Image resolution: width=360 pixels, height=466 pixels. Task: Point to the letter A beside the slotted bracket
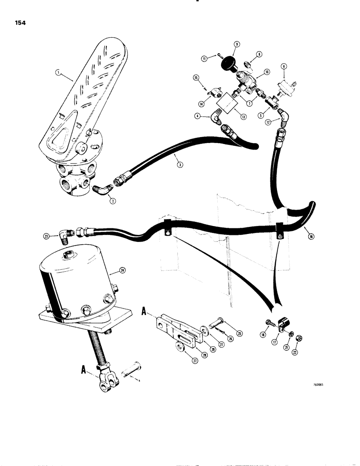[x=144, y=315]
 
